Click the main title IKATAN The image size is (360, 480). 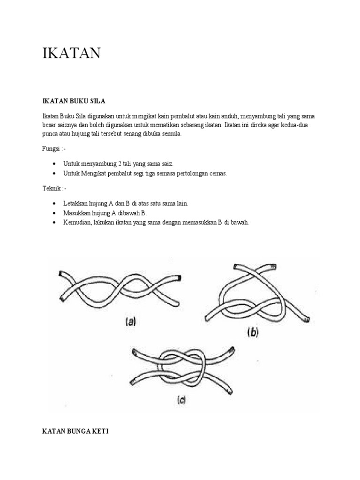coord(71,53)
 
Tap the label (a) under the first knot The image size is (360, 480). coord(130,322)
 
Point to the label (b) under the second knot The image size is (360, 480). coord(253,333)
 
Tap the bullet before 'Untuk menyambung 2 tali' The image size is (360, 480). coord(55,164)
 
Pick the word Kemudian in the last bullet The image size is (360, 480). coord(77,223)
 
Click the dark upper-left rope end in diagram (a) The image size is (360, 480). coord(60,274)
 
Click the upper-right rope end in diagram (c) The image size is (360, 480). coord(233,350)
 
